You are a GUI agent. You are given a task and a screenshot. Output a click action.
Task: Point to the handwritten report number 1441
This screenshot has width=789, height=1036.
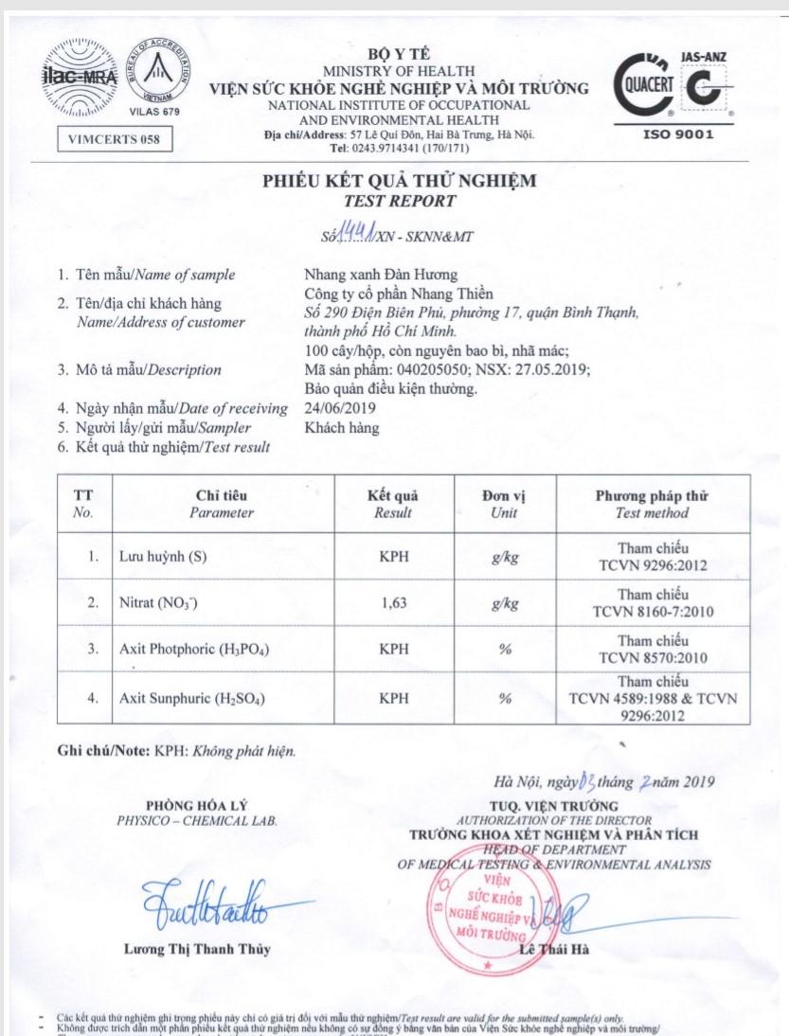(358, 234)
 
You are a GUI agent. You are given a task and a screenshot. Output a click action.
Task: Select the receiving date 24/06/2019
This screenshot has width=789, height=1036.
(340, 408)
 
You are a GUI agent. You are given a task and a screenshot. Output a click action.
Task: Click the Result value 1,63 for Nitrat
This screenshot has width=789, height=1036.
(393, 603)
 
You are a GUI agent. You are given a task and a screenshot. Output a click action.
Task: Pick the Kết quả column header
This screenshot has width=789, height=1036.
(393, 495)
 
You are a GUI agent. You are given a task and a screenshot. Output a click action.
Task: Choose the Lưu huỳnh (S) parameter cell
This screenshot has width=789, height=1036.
(163, 557)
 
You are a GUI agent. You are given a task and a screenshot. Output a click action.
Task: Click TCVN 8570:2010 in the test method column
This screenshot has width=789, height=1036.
(654, 657)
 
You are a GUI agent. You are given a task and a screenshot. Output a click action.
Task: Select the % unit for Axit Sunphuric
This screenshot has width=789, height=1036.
(505, 699)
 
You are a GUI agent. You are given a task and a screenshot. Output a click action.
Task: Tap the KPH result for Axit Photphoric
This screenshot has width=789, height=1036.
(393, 650)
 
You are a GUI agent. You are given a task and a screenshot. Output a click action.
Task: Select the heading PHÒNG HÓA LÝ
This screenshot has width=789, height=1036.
(197, 806)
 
